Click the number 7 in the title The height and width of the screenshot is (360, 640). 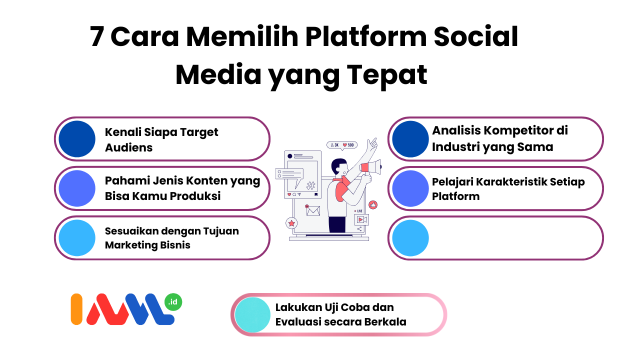coord(96,37)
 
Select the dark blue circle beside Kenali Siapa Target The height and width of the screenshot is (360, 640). coord(77,139)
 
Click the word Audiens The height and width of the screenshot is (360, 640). coord(128,147)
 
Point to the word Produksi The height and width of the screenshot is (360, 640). coord(195,196)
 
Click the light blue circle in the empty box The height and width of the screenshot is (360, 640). coord(410,238)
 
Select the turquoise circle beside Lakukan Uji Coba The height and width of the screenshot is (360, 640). coord(252,314)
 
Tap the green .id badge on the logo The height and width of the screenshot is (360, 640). coord(173,302)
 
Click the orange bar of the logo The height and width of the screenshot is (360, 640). coord(76,309)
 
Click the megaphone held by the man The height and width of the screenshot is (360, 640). coord(371,167)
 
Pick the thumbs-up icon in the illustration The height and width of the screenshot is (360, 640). coord(373,204)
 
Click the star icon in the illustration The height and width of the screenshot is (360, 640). coord(291,223)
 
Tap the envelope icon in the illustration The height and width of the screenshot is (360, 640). coord(312,211)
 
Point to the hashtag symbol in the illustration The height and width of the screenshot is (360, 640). coord(310,185)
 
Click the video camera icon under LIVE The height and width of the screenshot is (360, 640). coord(361,219)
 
